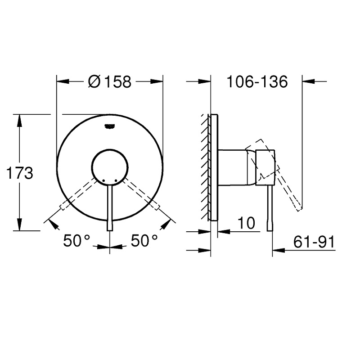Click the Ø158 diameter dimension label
[109, 81]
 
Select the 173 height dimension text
[20, 173]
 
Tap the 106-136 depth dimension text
[257, 81]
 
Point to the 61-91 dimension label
[314, 242]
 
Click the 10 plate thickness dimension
[246, 223]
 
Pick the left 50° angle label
[76, 241]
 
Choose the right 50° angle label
[144, 241]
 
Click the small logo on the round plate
[109, 126]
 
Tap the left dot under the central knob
[104, 180]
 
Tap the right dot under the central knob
[116, 180]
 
